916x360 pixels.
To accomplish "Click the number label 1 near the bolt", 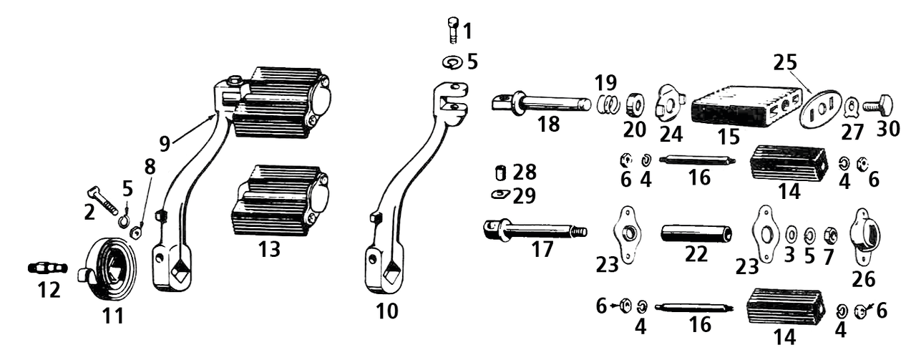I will pyautogui.click(x=467, y=31).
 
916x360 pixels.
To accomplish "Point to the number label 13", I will pyautogui.click(x=269, y=250).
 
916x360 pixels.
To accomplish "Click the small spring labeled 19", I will pyautogui.click(x=608, y=104).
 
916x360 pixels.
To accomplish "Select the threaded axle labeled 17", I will pyautogui.click(x=533, y=230).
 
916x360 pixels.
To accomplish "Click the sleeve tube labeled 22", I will pyautogui.click(x=696, y=234).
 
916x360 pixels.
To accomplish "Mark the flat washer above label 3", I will pyautogui.click(x=791, y=234).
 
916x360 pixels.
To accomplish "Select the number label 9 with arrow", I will pyautogui.click(x=165, y=144).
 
